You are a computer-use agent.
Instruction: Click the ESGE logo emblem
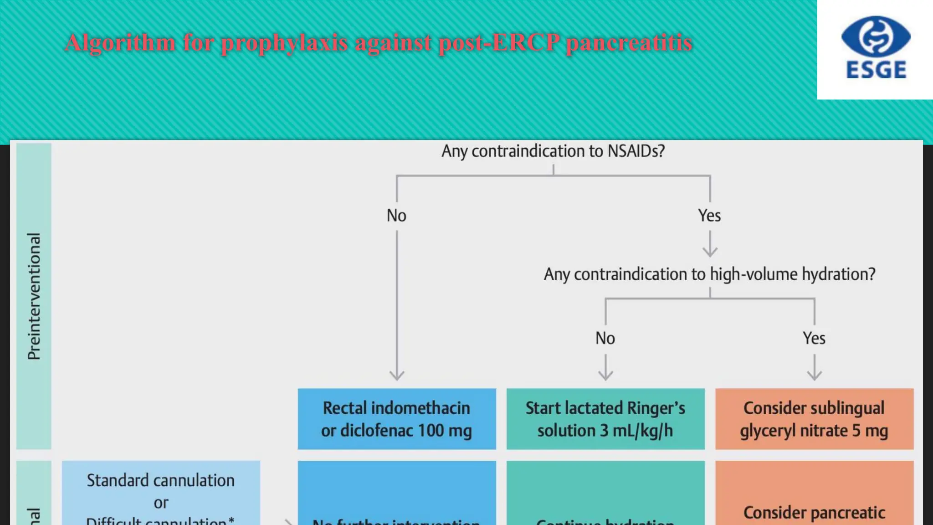coord(876,36)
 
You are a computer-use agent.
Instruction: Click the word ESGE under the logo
coord(876,70)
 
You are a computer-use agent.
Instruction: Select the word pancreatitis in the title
coord(629,43)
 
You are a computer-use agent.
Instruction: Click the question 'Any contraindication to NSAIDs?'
coord(553,151)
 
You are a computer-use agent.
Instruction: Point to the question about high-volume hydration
coord(709,274)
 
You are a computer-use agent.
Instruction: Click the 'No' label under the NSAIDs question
coord(396,216)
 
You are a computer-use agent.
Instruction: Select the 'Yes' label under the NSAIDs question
coord(709,216)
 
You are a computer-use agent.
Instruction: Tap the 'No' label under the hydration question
coord(605,338)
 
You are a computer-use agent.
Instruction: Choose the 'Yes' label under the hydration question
coord(814,338)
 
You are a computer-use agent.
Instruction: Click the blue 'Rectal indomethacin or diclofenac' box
coord(397,419)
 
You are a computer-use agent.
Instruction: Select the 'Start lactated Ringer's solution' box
coord(605,419)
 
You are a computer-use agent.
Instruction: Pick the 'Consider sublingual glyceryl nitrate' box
coord(814,419)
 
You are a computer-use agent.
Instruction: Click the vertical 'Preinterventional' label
coord(34,296)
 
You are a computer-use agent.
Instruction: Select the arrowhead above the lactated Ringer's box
coord(605,375)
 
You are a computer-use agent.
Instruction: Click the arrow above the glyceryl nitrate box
coord(814,368)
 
